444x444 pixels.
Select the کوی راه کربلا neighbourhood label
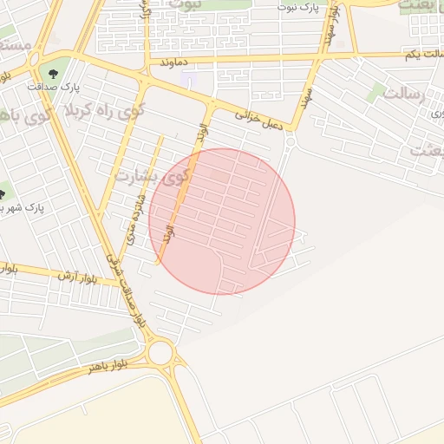pos(100,112)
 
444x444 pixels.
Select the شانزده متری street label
pos(134,217)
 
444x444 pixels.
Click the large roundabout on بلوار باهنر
pos(160,353)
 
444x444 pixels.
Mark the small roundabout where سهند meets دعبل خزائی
pos(290,140)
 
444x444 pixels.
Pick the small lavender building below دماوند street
pos(188,80)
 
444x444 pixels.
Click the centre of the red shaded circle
pos(222,221)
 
